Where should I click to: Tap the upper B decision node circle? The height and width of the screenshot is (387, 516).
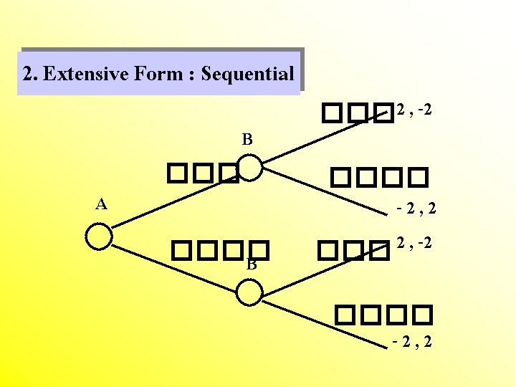point(249,168)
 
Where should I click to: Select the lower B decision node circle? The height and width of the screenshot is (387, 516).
point(249,292)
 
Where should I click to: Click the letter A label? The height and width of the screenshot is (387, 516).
point(102,204)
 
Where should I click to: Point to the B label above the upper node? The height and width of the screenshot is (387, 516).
point(247,139)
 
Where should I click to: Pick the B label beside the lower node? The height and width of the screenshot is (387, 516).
point(252,264)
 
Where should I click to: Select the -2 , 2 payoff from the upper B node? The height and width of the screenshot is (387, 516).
point(416,209)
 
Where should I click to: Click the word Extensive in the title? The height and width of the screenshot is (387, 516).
point(87,73)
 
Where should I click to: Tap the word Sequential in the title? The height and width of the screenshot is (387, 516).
point(248,73)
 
